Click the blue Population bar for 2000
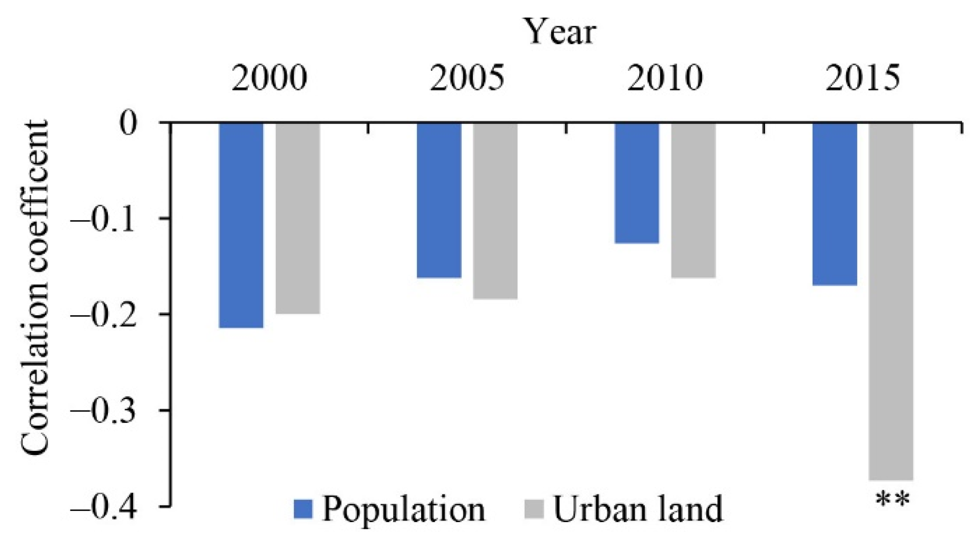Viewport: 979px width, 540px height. pos(241,225)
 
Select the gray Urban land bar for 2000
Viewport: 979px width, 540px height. pos(298,218)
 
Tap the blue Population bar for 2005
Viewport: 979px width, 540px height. pos(439,200)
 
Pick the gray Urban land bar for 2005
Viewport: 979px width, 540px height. pos(495,210)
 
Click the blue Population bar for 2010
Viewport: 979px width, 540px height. pos(637,183)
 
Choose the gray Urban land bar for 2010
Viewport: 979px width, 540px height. pos(693,200)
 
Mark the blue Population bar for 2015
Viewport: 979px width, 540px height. pos(835,204)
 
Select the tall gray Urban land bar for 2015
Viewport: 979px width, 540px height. pos(891,301)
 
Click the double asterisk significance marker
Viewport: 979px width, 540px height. pos(893,500)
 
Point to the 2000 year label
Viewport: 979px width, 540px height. pos(269,79)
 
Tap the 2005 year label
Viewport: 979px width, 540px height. pos(467,79)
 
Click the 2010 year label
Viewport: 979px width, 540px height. pos(665,79)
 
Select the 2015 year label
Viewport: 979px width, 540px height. pos(863,79)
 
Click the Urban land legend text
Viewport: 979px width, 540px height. pos(638,509)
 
